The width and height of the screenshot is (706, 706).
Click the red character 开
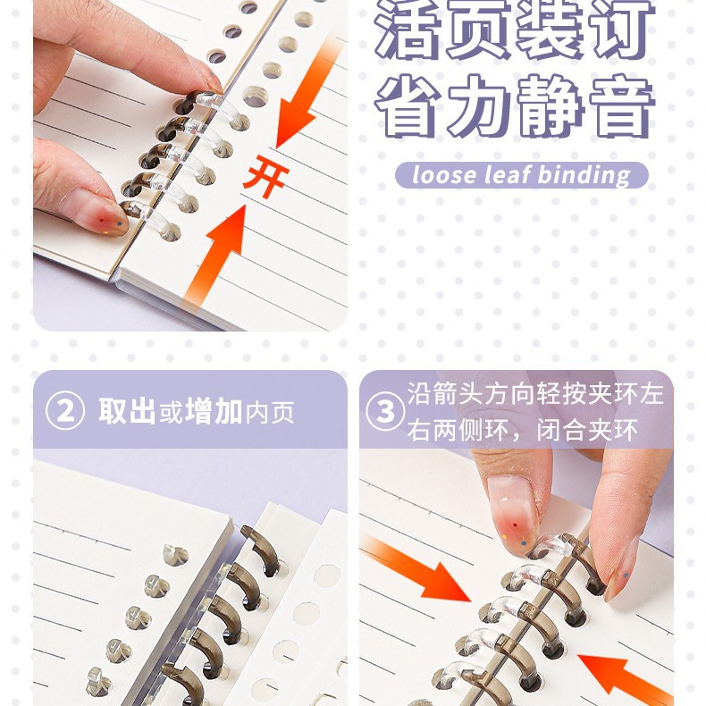click(265, 175)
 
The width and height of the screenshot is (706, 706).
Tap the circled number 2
click(65, 411)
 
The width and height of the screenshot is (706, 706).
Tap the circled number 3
click(385, 411)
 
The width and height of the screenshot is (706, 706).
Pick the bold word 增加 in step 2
click(214, 411)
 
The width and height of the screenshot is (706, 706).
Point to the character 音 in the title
click(622, 108)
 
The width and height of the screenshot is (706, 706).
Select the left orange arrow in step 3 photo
click(419, 568)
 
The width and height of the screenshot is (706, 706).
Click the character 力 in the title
click(482, 108)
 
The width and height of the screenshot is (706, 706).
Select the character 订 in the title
click(622, 32)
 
